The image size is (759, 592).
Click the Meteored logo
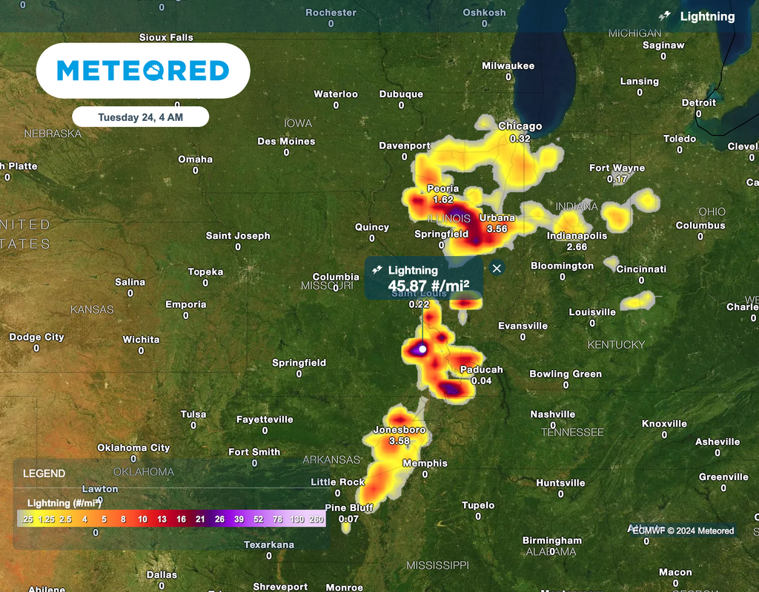coord(143,70)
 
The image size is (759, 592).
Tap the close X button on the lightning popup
coord(497,269)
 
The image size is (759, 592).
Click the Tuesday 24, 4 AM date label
coord(140,116)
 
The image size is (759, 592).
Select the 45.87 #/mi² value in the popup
coord(428,286)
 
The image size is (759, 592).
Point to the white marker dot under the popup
coord(422,349)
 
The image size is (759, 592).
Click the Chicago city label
coord(520,126)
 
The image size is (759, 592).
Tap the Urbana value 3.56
coord(497,229)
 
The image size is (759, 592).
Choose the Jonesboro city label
coord(399,430)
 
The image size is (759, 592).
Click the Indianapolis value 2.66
coord(577,247)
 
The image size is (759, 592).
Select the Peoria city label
coord(443,188)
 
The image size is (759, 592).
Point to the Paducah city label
coord(481,369)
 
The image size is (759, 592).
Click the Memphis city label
coord(425,463)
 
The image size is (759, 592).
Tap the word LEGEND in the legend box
coord(44,473)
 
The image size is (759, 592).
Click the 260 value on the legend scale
coord(316,519)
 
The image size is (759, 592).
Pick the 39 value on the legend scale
coord(239,519)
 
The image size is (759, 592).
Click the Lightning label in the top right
coord(707,16)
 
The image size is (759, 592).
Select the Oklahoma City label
coord(133,447)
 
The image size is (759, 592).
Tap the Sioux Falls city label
coord(166,37)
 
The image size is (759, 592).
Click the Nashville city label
coord(552,414)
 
